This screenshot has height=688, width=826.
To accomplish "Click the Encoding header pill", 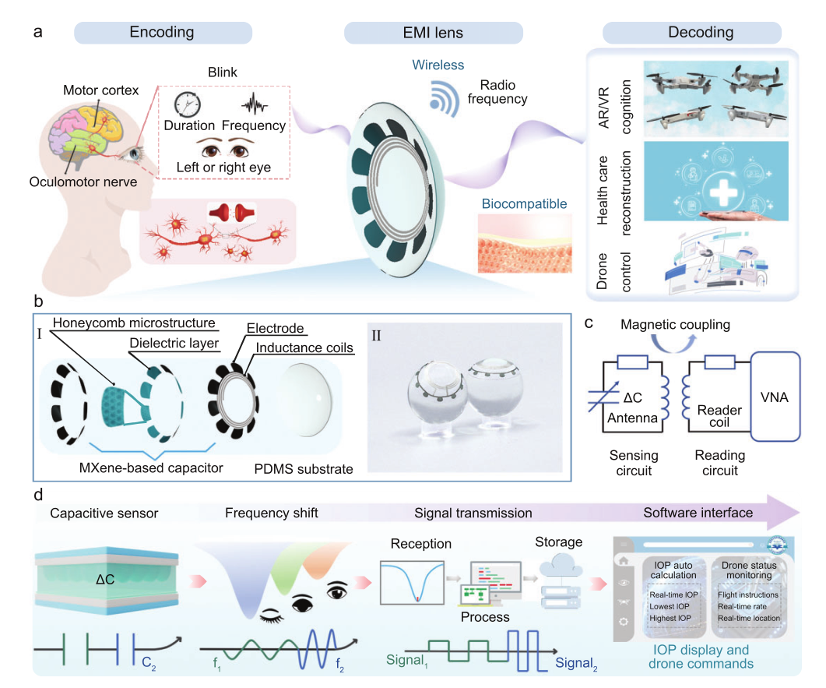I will coord(162,33).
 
